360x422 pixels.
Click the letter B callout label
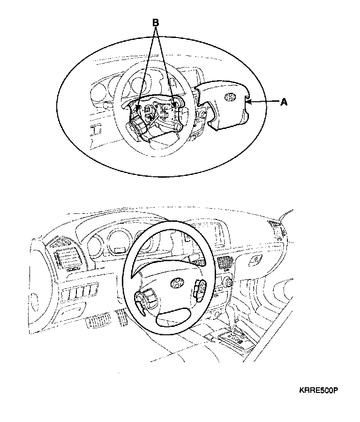click(x=156, y=22)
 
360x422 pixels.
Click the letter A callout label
click(x=283, y=102)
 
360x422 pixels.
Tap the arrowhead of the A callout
click(x=249, y=101)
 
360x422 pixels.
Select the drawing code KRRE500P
click(x=319, y=390)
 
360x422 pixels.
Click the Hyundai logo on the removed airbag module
click(x=230, y=97)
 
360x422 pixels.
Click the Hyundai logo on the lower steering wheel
click(x=177, y=283)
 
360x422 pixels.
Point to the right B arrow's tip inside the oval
click(x=175, y=104)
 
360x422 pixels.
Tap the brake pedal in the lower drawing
click(x=95, y=322)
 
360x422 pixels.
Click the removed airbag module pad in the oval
click(x=225, y=105)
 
